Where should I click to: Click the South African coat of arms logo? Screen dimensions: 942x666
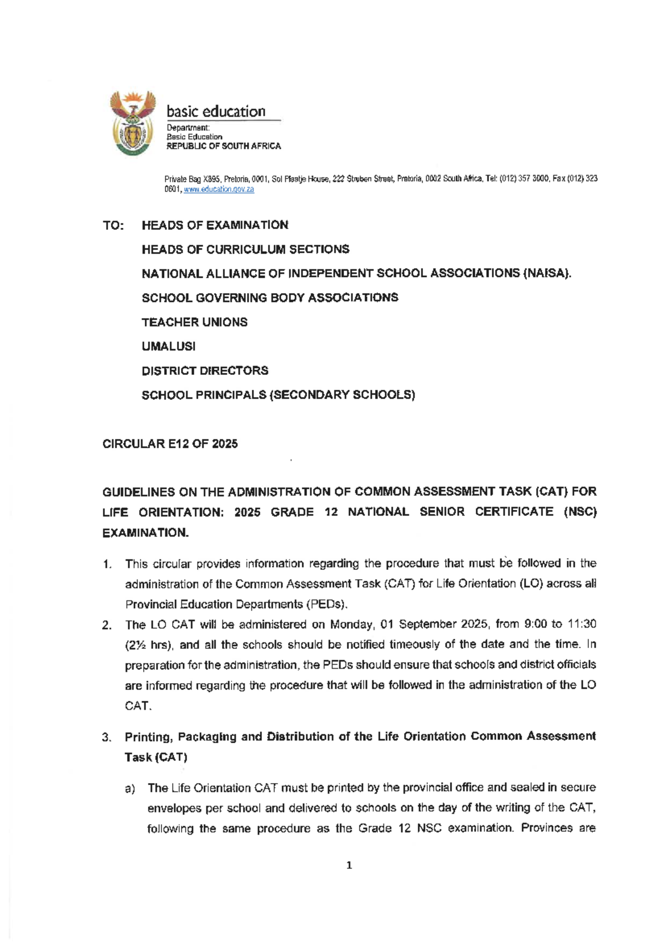pyautogui.click(x=132, y=123)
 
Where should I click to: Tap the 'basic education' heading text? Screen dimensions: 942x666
pyautogui.click(x=216, y=112)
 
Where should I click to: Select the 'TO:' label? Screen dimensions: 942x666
pyautogui.click(x=114, y=226)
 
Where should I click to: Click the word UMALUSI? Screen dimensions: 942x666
pyautogui.click(x=169, y=347)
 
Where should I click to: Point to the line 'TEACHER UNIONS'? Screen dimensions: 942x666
pyautogui.click(x=194, y=322)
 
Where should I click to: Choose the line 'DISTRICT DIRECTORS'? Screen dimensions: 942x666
pyautogui.click(x=205, y=370)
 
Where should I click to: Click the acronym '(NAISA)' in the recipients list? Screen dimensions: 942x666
pyautogui.click(x=547, y=274)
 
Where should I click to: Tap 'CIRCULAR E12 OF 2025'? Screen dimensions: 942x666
pyautogui.click(x=170, y=444)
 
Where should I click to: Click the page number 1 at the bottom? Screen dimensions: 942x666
pyautogui.click(x=349, y=865)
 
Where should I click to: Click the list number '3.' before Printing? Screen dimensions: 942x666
pyautogui.click(x=107, y=738)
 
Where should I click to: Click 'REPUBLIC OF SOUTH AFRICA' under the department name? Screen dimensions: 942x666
pyautogui.click(x=224, y=146)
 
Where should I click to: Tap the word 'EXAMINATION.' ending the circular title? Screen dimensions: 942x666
pyautogui.click(x=145, y=533)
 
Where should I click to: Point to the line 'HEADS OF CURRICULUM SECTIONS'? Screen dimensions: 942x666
pyautogui.click(x=245, y=249)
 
